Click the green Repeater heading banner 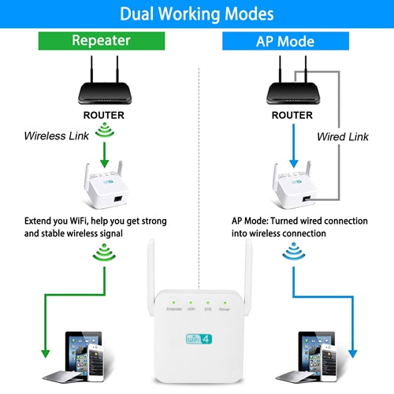pyautogui.click(x=102, y=41)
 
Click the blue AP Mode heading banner pyautogui.click(x=285, y=41)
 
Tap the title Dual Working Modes pyautogui.click(x=197, y=13)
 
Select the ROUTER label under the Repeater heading pyautogui.click(x=104, y=115)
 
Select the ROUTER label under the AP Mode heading pyautogui.click(x=292, y=115)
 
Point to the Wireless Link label pyautogui.click(x=57, y=136)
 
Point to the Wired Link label pyautogui.click(x=343, y=136)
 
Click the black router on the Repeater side pyautogui.click(x=105, y=80)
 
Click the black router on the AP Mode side pyautogui.click(x=293, y=80)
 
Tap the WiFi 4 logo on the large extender pyautogui.click(x=199, y=339)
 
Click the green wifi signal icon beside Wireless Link pyautogui.click(x=105, y=131)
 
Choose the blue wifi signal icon pyautogui.click(x=294, y=251)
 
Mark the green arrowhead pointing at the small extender pyautogui.click(x=105, y=163)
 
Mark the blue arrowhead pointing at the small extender pyautogui.click(x=294, y=163)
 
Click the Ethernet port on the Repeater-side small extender pyautogui.click(x=118, y=199)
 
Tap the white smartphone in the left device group pyautogui.click(x=96, y=362)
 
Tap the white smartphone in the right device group pyautogui.click(x=329, y=362)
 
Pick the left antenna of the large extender pyautogui.click(x=151, y=277)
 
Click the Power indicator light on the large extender pyautogui.click(x=225, y=303)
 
